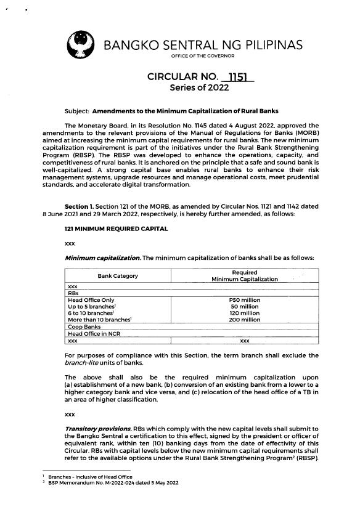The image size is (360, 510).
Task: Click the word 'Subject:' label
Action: click(77, 111)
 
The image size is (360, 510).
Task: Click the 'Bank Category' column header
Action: click(118, 276)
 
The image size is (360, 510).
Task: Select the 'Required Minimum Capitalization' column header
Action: click(244, 276)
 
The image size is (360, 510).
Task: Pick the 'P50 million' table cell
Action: click(245, 300)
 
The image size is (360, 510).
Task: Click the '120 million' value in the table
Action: click(245, 314)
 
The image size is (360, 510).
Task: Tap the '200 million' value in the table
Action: click(245, 320)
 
